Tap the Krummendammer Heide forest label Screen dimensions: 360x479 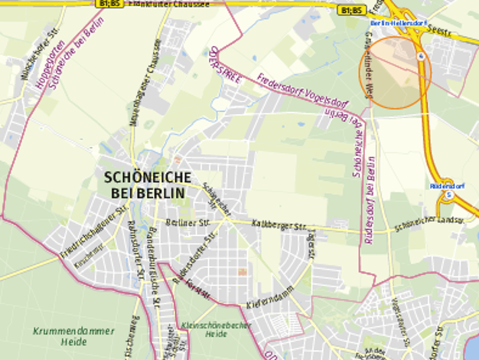point(74,336)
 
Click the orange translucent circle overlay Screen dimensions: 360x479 point(395,73)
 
